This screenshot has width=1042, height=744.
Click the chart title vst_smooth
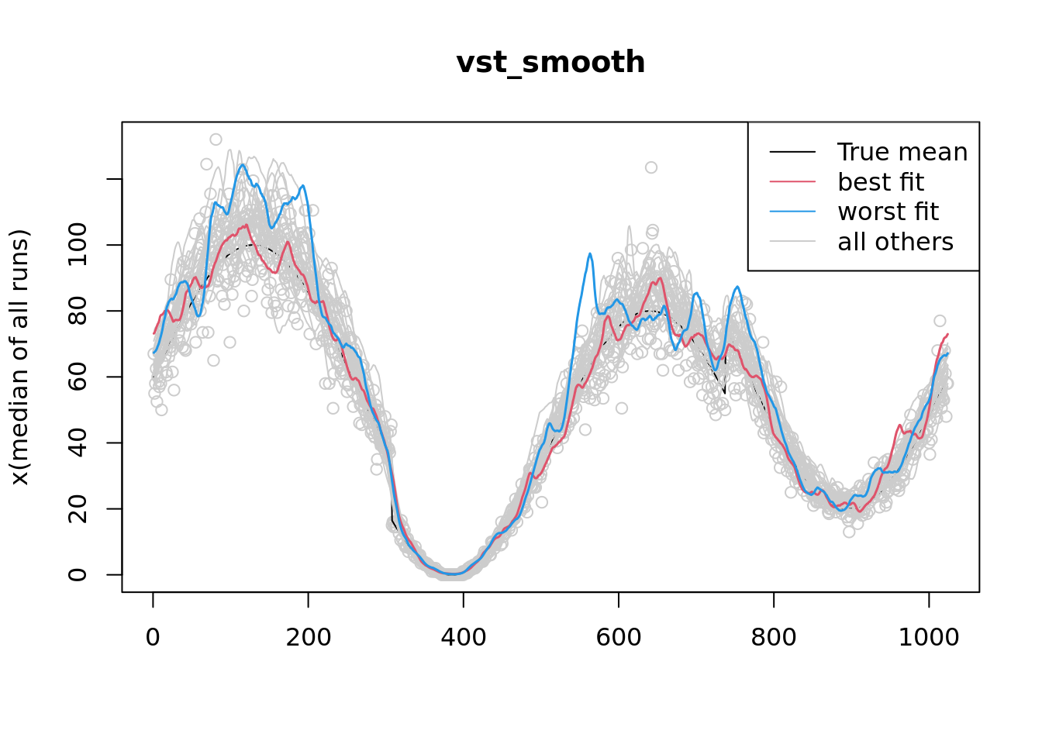[550, 63]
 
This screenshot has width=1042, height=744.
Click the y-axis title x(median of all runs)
[20, 357]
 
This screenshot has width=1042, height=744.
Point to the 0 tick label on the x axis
[153, 637]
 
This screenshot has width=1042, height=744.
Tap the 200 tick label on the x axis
[308, 637]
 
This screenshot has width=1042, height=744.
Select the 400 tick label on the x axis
[463, 637]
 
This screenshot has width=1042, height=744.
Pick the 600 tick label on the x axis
[618, 637]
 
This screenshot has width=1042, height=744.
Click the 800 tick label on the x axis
[773, 637]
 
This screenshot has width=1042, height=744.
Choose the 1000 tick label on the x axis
[928, 637]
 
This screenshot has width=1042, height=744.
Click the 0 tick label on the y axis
[78, 574]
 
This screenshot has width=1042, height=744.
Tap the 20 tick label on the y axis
[78, 508]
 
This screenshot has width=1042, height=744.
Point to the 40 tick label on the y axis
[78, 443]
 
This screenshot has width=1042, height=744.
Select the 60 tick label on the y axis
[78, 377]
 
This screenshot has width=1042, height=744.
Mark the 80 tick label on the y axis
[78, 311]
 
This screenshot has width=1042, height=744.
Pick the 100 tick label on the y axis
[78, 245]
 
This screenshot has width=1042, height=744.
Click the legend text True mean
[902, 153]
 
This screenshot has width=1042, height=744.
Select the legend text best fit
[881, 182]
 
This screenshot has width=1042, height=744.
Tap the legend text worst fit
[888, 212]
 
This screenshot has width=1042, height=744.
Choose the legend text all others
[895, 242]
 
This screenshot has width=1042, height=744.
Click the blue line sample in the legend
[792, 212]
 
